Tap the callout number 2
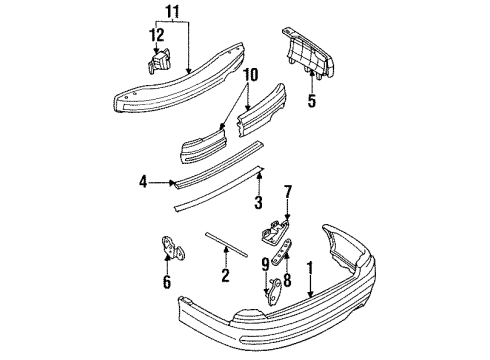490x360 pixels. point(225,276)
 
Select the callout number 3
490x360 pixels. point(258,202)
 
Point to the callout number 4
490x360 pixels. point(143,182)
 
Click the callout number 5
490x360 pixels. point(311,100)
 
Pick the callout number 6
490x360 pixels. point(167,282)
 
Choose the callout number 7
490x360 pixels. point(288,192)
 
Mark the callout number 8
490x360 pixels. point(287,280)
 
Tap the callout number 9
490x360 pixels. point(265,265)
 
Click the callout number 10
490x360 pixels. point(251,75)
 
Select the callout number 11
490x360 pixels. point(173,12)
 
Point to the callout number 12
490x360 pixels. point(156,35)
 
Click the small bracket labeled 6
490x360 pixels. point(173,248)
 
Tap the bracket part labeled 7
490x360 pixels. point(274,231)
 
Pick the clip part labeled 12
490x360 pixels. point(158,61)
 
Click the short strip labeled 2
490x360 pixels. point(227,245)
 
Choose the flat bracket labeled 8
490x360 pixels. point(282,252)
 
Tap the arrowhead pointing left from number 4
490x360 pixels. point(172,182)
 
